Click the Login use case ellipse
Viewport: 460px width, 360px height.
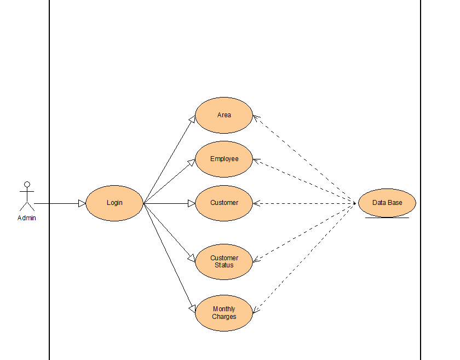click(x=114, y=203)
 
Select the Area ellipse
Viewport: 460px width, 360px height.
click(x=224, y=115)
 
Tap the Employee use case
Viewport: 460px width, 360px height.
click(x=224, y=159)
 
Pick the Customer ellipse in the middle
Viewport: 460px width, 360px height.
click(x=224, y=203)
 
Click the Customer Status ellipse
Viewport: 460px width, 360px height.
click(x=224, y=261)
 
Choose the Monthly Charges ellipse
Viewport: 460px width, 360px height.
click(x=224, y=313)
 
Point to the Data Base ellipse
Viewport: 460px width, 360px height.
click(x=387, y=203)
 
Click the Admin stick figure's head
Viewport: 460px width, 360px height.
click(x=26, y=185)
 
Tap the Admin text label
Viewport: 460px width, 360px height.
click(x=26, y=218)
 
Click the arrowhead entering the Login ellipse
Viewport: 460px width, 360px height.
click(x=82, y=203)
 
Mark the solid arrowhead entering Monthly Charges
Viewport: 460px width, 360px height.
click(x=193, y=308)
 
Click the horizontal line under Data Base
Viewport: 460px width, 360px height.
click(x=387, y=218)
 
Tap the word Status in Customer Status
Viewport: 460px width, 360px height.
click(x=224, y=265)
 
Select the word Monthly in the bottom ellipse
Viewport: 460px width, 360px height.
click(x=224, y=309)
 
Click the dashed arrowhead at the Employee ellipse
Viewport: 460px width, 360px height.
click(x=256, y=161)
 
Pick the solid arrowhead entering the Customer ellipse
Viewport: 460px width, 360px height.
click(x=192, y=203)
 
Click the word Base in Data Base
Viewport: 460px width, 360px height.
click(x=395, y=203)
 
